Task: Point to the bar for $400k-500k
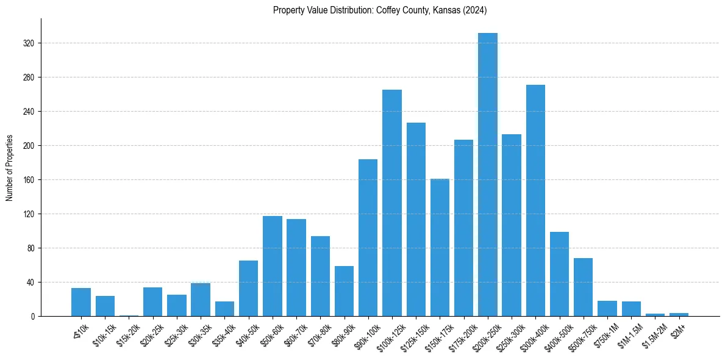click(x=559, y=274)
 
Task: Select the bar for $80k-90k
click(x=344, y=291)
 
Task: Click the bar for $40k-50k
click(x=248, y=288)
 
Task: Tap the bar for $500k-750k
click(x=583, y=287)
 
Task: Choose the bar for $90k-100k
click(x=368, y=237)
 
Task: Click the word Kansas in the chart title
click(x=451, y=10)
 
